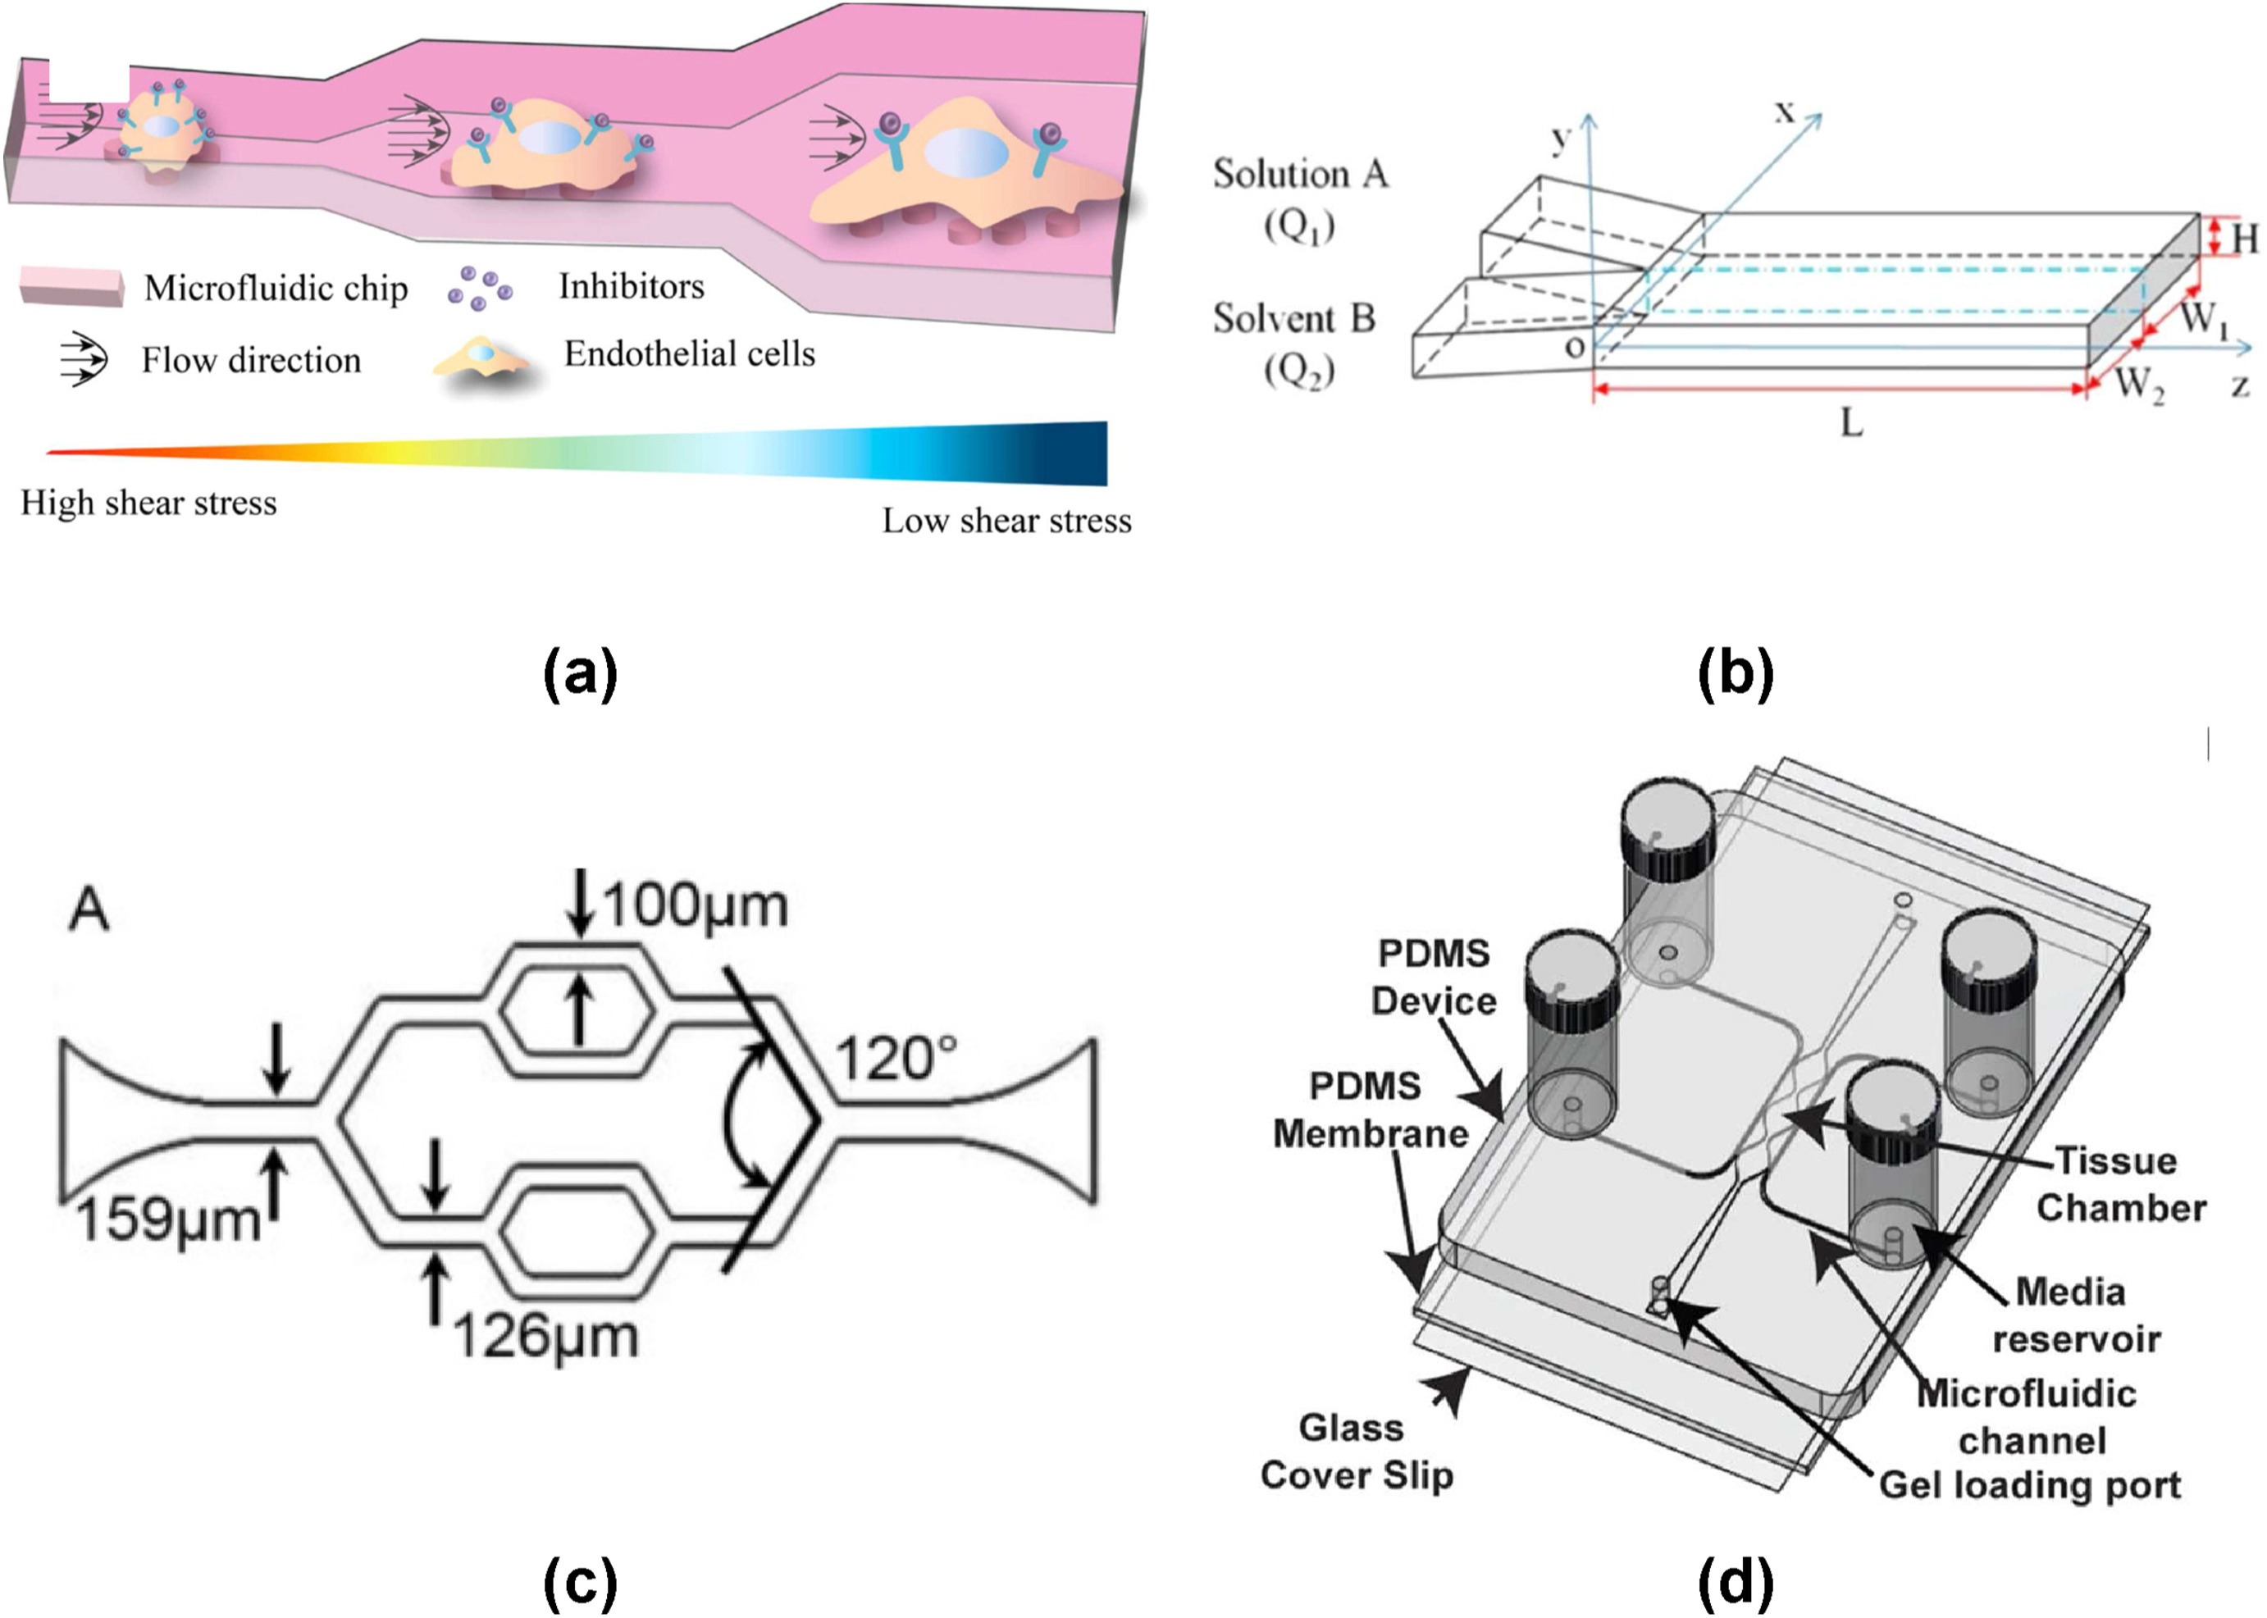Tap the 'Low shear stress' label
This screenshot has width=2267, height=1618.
click(x=1006, y=521)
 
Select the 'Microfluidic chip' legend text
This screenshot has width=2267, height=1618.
click(x=276, y=289)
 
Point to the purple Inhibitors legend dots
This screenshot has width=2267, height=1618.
click(x=479, y=288)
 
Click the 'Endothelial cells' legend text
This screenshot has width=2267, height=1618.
click(x=690, y=353)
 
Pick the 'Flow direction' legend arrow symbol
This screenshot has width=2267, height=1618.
click(x=84, y=358)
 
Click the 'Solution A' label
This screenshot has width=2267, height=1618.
click(x=1299, y=175)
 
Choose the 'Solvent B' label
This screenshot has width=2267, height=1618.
click(x=1293, y=319)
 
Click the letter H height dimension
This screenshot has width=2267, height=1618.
click(x=2245, y=239)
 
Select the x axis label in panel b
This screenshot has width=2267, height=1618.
click(x=1784, y=112)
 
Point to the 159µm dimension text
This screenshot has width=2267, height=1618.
click(x=167, y=1219)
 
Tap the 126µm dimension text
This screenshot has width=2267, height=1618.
click(x=545, y=1336)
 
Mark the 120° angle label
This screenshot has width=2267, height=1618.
click(x=896, y=1059)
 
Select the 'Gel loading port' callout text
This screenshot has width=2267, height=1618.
click(x=2030, y=1485)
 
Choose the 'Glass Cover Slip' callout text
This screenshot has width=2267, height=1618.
click(x=1355, y=1452)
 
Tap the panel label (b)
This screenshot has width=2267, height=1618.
click(x=1735, y=673)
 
